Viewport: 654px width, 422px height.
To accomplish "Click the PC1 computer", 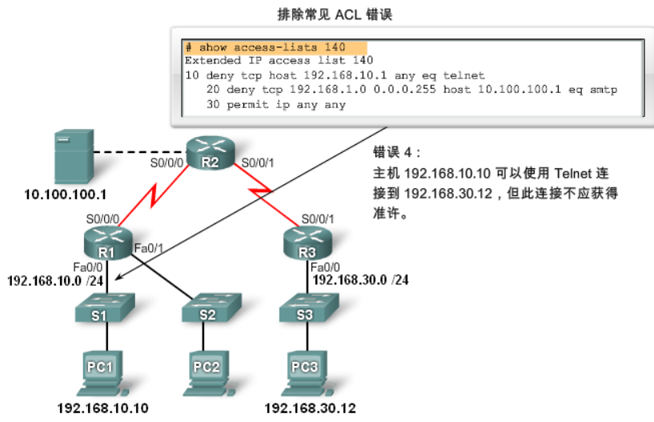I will click(101, 370).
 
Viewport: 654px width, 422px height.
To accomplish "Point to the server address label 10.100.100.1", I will click(66, 195).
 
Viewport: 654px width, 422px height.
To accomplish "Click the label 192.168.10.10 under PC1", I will click(102, 408).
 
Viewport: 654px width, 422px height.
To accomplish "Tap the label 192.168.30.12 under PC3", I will click(310, 408).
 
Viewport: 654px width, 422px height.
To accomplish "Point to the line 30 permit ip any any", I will click(275, 104).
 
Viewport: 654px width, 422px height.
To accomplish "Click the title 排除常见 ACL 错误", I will click(345, 14).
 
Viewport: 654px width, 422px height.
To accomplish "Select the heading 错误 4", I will click(395, 152).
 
